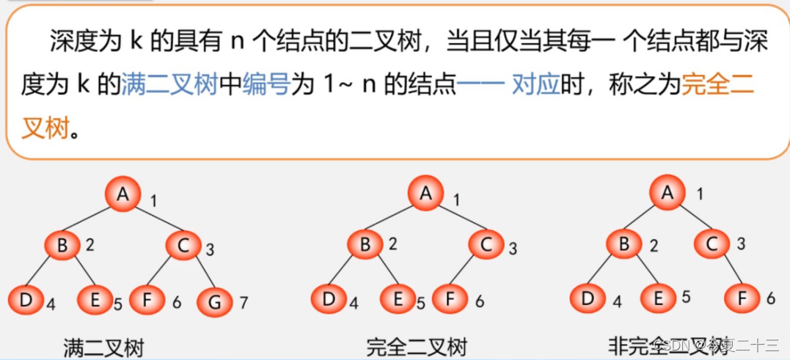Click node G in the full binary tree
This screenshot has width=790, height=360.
click(215, 301)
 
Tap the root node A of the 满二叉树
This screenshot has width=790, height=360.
click(122, 194)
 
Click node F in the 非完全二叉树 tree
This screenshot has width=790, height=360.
click(742, 298)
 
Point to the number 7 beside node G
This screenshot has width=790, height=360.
click(245, 301)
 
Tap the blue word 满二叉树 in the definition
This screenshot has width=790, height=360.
click(169, 86)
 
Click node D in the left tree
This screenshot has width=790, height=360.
click(26, 301)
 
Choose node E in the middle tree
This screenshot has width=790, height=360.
click(398, 299)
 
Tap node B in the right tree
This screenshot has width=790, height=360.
click(624, 243)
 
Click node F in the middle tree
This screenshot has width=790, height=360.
click(449, 299)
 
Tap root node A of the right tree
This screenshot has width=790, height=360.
click(667, 193)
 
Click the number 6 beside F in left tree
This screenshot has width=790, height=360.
click(177, 301)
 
